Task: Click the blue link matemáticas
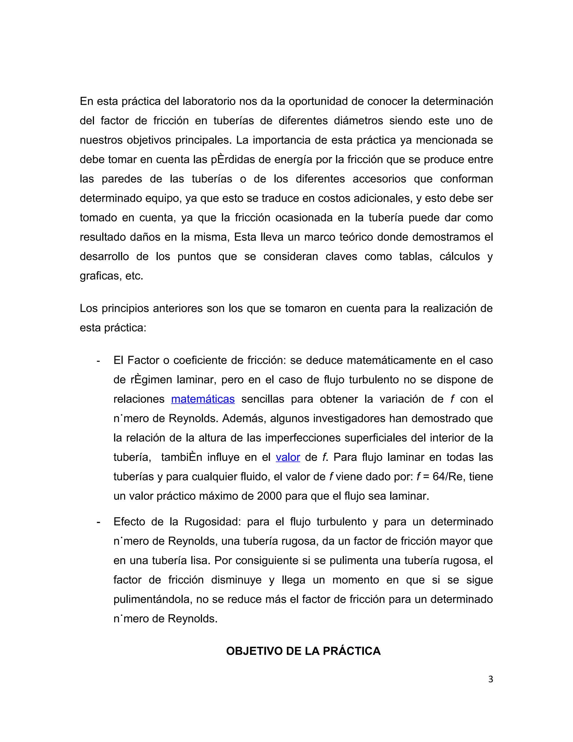[203, 399]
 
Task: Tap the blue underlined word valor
[288, 457]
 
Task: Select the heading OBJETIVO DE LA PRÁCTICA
[303, 651]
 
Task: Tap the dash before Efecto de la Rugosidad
[98, 522]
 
